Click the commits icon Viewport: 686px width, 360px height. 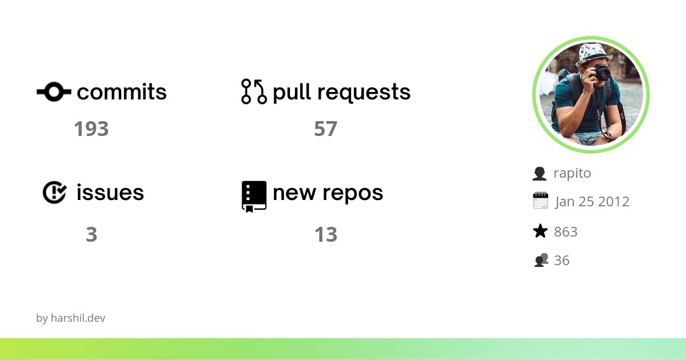click(x=54, y=91)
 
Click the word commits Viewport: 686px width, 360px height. click(x=122, y=92)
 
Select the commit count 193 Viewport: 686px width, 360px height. click(x=91, y=129)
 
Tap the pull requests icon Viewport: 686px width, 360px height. click(x=254, y=91)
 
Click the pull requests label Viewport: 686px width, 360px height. click(x=341, y=92)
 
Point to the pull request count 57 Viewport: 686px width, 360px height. click(x=325, y=129)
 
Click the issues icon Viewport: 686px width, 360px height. click(x=54, y=193)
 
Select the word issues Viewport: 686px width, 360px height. click(x=110, y=193)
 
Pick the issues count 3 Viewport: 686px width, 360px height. click(x=91, y=235)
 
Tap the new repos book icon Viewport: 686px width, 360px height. click(x=254, y=196)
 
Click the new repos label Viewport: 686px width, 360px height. click(x=328, y=193)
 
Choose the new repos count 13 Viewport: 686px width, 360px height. click(x=325, y=235)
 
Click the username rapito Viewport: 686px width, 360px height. click(x=572, y=173)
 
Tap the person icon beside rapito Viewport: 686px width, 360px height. click(x=539, y=173)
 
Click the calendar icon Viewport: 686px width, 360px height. click(x=540, y=201)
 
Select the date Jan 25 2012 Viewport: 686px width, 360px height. click(x=592, y=202)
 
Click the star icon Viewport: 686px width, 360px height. click(x=540, y=231)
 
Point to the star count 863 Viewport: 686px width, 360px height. click(x=565, y=231)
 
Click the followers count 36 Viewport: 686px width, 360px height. click(x=561, y=261)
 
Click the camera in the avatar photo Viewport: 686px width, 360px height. click(x=601, y=73)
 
